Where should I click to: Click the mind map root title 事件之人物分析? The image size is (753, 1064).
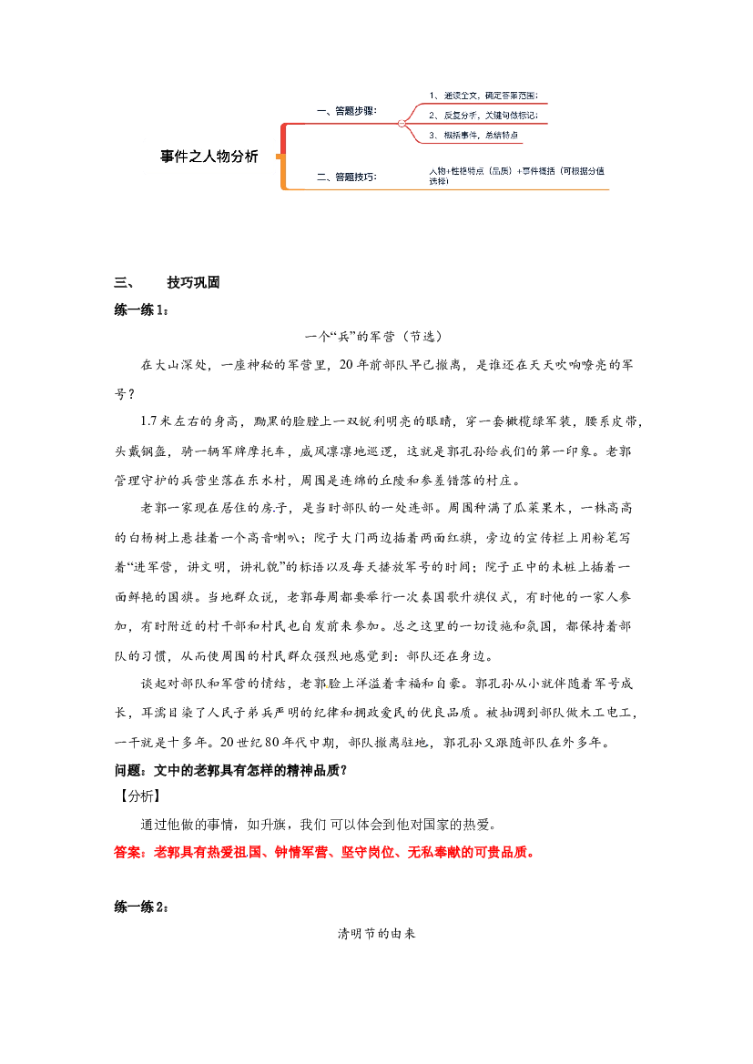coord(209,157)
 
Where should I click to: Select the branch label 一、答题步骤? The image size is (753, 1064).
coord(346,111)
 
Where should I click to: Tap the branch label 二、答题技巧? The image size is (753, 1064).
coord(346,177)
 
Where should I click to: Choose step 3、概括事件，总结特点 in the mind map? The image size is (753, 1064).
coord(473,135)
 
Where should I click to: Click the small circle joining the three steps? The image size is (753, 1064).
coord(402,124)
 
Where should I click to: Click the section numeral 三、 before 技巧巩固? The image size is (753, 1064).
coord(124,282)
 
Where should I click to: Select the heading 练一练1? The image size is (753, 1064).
coord(141,310)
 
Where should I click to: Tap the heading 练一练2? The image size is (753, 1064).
coord(141,907)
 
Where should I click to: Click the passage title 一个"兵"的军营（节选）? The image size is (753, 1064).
coord(374,336)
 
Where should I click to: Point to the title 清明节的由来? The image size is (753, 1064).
coord(376,934)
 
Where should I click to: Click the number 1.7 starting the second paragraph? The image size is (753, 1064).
coord(148,421)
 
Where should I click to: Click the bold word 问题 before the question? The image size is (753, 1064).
coord(127,770)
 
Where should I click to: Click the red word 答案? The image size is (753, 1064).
coord(127,852)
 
